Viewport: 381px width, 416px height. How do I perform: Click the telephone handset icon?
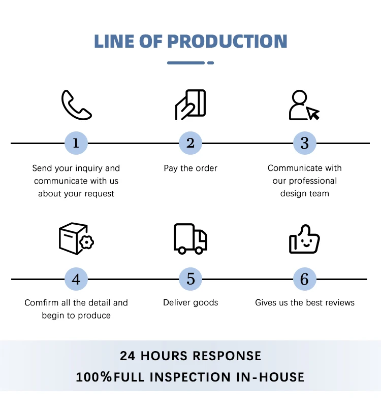pyautogui.click(x=76, y=105)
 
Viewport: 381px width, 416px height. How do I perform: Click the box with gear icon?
pyautogui.click(x=76, y=238)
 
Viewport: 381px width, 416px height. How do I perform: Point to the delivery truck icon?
pyautogui.click(x=190, y=238)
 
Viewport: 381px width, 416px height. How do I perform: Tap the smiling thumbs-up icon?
pyautogui.click(x=304, y=238)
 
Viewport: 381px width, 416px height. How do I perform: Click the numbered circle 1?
pyautogui.click(x=76, y=143)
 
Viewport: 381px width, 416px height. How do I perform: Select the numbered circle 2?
pyautogui.click(x=190, y=143)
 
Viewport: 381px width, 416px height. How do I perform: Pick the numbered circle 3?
pyautogui.click(x=304, y=143)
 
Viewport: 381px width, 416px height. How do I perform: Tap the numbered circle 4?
pyautogui.click(x=76, y=279)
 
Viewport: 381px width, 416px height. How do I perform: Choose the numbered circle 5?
pyautogui.click(x=190, y=279)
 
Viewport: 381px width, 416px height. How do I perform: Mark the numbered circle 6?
pyautogui.click(x=304, y=279)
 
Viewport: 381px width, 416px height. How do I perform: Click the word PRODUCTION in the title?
pyautogui.click(x=227, y=42)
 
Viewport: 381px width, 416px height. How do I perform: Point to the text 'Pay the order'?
pyautogui.click(x=190, y=168)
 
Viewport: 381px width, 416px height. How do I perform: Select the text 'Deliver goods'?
pyautogui.click(x=190, y=303)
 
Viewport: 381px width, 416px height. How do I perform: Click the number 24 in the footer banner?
pyautogui.click(x=128, y=356)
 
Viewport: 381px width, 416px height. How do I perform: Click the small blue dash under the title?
pyautogui.click(x=210, y=63)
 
